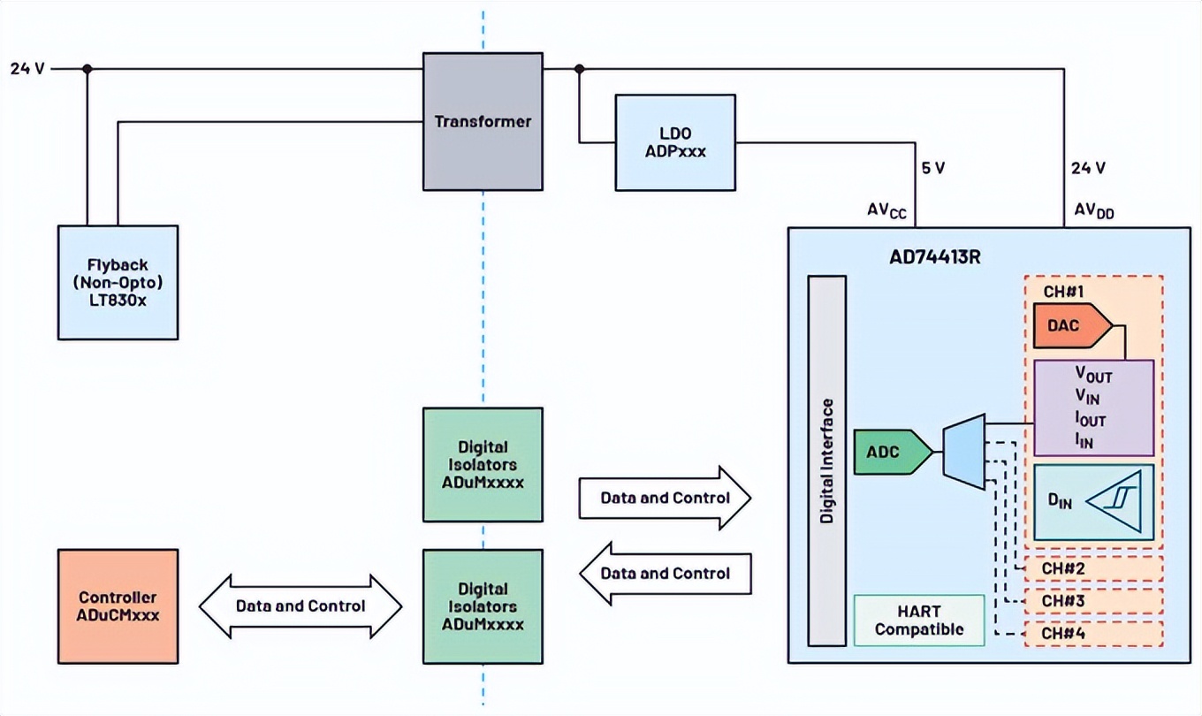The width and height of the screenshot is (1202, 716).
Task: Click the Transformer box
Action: [482, 121]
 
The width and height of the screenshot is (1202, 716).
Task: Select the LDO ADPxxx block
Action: [675, 142]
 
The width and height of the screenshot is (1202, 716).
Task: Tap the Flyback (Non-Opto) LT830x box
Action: [118, 282]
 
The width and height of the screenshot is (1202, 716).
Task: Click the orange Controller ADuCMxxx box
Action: [118, 606]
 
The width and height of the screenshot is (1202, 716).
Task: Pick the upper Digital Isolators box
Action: [483, 464]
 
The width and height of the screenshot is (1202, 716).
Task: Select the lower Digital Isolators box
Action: [483, 606]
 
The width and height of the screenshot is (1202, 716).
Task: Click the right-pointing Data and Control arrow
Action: [665, 498]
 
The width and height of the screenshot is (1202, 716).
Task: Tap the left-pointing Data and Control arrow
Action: [665, 574]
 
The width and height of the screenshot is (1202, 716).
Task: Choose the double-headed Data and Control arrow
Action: [300, 606]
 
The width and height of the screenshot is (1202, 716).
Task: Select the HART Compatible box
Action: [919, 621]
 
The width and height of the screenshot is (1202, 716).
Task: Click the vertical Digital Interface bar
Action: [827, 461]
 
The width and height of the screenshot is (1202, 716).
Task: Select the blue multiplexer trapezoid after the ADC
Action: [964, 453]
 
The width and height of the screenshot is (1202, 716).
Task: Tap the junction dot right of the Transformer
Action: [579, 69]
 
